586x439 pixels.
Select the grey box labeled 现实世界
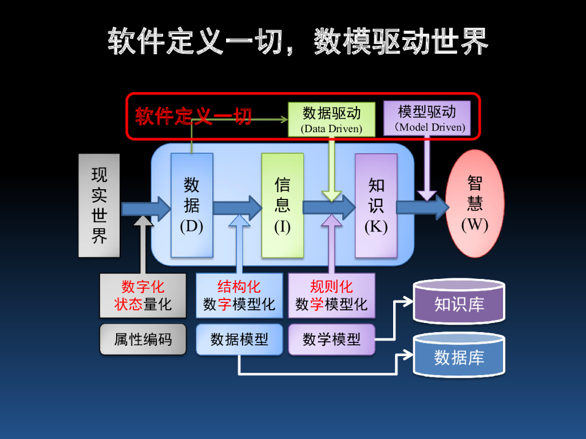pos(99,205)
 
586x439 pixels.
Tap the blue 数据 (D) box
pos(192,205)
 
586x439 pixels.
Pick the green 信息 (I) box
pos(282,205)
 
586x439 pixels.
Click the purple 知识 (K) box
pos(376,205)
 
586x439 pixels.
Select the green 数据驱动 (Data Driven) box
pos(331,119)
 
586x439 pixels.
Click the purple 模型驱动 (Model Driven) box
pos(426,118)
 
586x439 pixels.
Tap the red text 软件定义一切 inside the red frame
pos(193,116)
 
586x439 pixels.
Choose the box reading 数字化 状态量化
pos(142,295)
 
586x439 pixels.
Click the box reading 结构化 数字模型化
pos(239,295)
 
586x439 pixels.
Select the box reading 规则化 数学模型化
pos(331,295)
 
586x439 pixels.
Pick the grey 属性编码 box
pos(142,339)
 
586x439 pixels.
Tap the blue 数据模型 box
pos(239,339)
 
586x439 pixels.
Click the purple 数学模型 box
pos(331,339)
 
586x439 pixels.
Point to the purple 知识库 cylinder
pos(459,304)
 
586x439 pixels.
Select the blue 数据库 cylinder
pos(459,357)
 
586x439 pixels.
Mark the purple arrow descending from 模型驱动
pos(426,169)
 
